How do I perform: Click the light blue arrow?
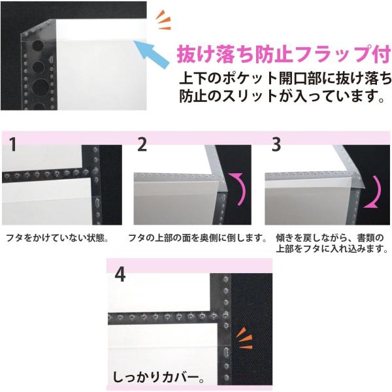click(151, 54)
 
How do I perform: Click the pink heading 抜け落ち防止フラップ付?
click(284, 54)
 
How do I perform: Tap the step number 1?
click(13, 144)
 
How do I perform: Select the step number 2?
click(142, 144)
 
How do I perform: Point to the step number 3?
click(276, 144)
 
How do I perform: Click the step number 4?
click(120, 275)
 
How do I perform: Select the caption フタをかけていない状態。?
click(57, 238)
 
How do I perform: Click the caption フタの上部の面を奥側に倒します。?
click(197, 238)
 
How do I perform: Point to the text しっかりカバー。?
click(158, 378)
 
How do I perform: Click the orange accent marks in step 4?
click(244, 338)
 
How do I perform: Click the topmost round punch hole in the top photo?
click(38, 46)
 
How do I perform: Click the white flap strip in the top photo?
click(100, 29)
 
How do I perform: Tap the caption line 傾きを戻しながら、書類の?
click(329, 238)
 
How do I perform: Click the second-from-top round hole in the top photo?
click(38, 67)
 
